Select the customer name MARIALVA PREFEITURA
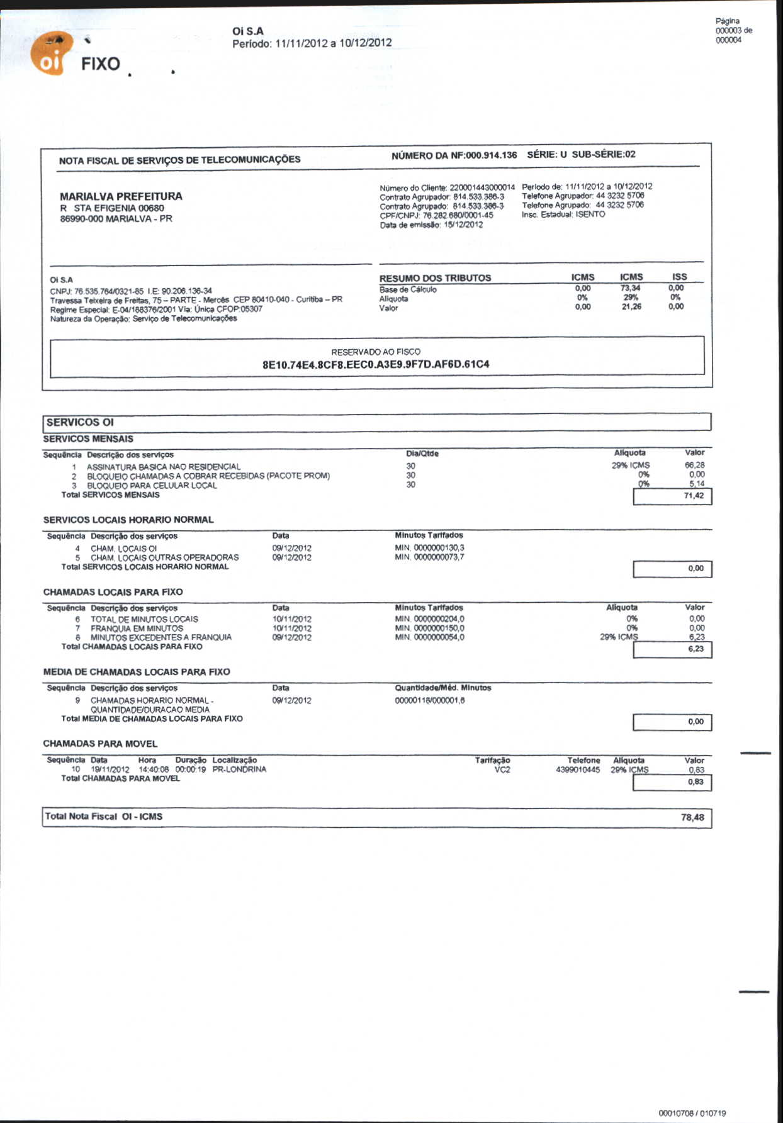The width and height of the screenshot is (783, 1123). (x=121, y=196)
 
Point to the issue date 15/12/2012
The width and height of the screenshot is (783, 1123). (x=463, y=225)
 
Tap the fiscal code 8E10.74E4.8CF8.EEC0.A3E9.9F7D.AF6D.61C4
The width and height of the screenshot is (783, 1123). (x=376, y=364)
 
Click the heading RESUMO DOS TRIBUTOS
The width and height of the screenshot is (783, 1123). (x=435, y=278)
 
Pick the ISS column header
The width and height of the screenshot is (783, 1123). (x=679, y=277)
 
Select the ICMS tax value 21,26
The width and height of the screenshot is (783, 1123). (x=631, y=307)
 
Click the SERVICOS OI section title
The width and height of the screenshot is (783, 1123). (x=80, y=422)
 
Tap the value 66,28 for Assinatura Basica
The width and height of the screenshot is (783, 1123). (x=695, y=466)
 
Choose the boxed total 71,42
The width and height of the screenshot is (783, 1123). (x=694, y=496)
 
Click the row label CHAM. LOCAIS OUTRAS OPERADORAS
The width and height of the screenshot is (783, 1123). (x=164, y=557)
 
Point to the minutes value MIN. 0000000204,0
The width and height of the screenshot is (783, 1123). (x=430, y=619)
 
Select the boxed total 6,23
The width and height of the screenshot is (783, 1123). (x=696, y=649)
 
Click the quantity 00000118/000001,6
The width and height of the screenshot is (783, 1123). (x=430, y=701)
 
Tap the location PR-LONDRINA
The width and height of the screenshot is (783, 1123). (x=239, y=769)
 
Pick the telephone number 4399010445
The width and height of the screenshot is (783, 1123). (x=578, y=770)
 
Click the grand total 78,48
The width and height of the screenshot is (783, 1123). (x=692, y=817)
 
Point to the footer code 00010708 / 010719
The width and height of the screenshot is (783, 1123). (x=692, y=1114)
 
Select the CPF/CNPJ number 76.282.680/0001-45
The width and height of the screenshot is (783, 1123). (x=458, y=216)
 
